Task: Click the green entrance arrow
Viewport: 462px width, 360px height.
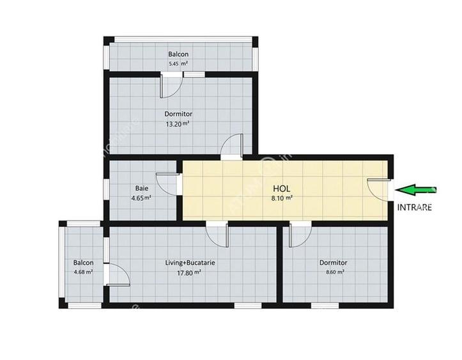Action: [415, 190]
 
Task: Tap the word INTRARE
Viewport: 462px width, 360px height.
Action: [414, 207]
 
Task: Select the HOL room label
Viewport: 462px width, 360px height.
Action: [282, 189]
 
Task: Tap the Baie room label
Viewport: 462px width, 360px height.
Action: [142, 188]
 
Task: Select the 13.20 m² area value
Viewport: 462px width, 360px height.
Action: [177, 124]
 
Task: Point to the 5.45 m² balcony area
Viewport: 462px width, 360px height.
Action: [178, 64]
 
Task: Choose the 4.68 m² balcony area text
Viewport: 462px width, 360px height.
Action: [83, 272]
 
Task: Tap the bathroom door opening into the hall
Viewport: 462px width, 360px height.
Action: [168, 184]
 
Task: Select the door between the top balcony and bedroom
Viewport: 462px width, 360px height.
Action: [171, 84]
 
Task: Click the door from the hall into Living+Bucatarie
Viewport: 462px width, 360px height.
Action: [217, 234]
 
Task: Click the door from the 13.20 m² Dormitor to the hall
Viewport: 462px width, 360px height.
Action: [232, 146]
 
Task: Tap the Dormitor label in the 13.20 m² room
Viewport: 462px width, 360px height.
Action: [178, 114]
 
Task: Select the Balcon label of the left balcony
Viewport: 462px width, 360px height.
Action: [83, 263]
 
